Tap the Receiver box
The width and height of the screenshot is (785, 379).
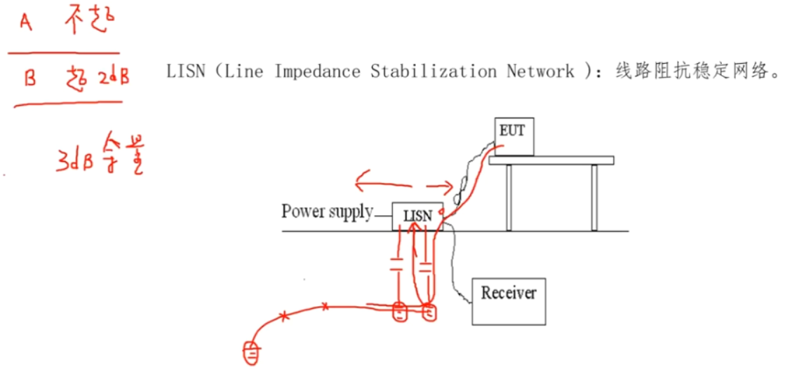[x=508, y=301]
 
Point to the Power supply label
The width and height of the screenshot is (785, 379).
[x=327, y=212]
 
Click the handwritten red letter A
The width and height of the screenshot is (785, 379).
[x=27, y=24]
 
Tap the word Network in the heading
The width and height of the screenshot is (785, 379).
[x=540, y=71]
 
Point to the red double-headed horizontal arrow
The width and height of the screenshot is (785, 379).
[x=403, y=186]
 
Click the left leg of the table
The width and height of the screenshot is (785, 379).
[x=509, y=198]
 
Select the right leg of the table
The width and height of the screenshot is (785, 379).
[x=594, y=198]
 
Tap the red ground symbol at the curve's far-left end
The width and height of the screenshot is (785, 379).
[x=251, y=353]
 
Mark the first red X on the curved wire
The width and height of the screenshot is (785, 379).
[x=283, y=317]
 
